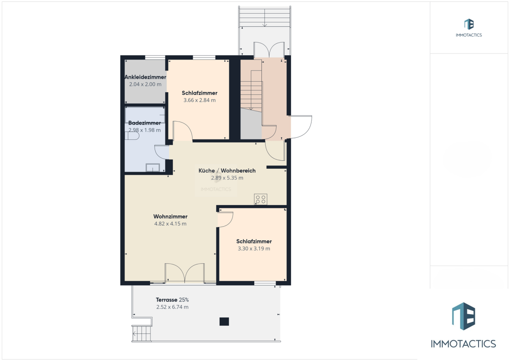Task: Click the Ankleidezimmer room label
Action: pos(145,77)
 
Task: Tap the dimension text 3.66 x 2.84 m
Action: pos(199,100)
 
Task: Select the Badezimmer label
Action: pos(144,123)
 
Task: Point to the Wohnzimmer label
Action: pos(170,216)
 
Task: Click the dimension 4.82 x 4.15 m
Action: pos(170,224)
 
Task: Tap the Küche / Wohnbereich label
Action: pos(227,171)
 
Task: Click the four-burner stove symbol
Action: pos(261,199)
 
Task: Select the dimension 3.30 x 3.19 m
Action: pos(254,248)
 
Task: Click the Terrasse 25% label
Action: pos(173,300)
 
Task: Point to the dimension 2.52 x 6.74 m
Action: pos(173,307)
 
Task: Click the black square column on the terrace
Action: pos(224,321)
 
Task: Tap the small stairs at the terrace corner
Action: pos(142,333)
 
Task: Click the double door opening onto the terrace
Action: pos(184,273)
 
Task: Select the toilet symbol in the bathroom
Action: pos(132,136)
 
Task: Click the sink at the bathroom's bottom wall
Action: pos(153,168)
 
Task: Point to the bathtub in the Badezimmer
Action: pos(145,115)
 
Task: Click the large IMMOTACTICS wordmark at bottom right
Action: pos(463,344)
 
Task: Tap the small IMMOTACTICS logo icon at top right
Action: pos(469,24)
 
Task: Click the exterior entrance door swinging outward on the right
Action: pos(300,127)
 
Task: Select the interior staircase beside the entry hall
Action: pos(251,91)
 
